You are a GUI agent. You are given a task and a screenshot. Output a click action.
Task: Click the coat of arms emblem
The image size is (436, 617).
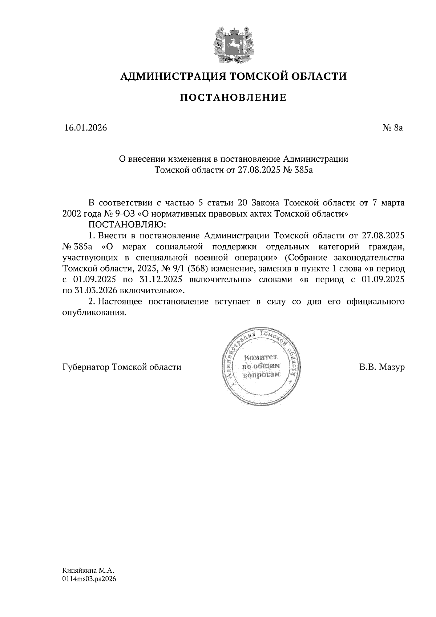(x=233, y=44)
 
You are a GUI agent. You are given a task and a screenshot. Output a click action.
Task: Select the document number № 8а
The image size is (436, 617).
(x=393, y=128)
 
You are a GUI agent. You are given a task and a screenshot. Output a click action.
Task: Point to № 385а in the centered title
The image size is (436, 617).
(x=297, y=170)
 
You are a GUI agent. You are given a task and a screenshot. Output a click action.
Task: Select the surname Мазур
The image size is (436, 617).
(x=391, y=367)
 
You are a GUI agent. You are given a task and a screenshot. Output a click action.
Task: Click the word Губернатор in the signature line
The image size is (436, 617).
(x=86, y=367)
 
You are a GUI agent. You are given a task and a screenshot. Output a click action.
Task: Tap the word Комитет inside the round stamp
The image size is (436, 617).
(x=261, y=358)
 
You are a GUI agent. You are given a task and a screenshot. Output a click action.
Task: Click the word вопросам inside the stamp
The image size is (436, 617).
(x=261, y=375)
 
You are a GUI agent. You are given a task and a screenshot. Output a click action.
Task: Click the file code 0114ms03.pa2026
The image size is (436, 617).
(x=89, y=579)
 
